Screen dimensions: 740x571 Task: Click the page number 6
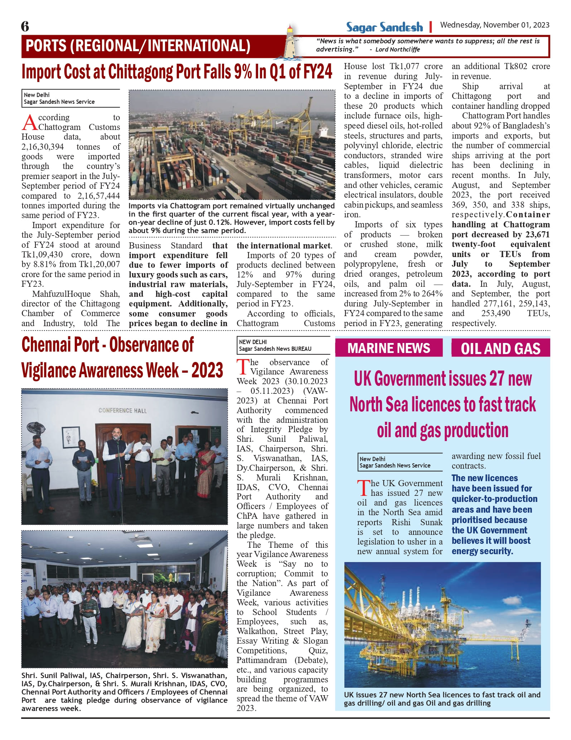click(25, 26)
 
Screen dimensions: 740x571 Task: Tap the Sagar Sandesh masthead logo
click(384, 27)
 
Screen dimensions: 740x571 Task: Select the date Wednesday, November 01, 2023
click(494, 25)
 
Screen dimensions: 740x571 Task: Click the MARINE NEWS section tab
click(389, 348)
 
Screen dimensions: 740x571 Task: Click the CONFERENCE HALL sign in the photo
click(122, 411)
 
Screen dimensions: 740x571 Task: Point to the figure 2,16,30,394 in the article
click(43, 147)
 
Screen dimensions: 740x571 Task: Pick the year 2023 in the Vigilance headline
click(207, 370)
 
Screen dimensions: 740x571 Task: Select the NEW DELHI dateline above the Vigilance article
click(253, 342)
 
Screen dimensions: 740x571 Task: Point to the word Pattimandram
click(261, 660)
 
